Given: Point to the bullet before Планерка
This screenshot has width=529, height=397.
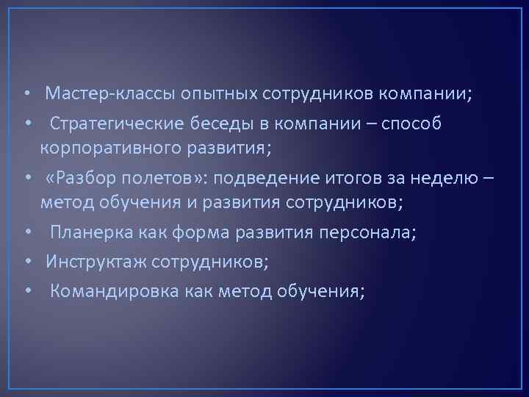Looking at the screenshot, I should click(26, 235).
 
